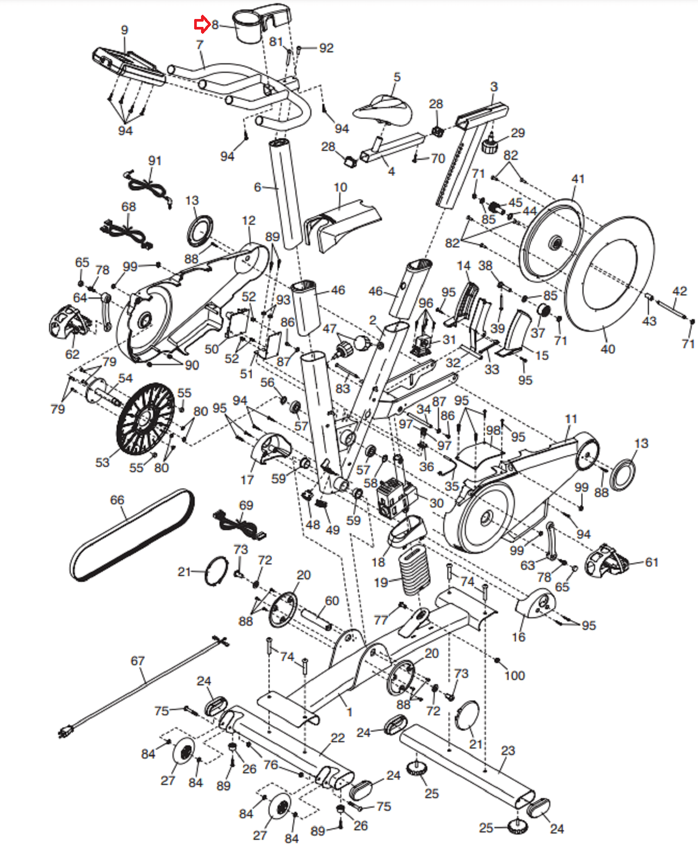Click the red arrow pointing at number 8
pos(202,24)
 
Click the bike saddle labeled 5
pos(383,110)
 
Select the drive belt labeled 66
pos(132,535)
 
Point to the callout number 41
pos(578,179)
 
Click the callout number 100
pos(515,675)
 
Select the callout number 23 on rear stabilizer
pos(508,750)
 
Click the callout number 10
pos(340,187)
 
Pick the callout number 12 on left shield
pos(248,220)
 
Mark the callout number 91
pos(155,160)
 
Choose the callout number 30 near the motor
pos(436,503)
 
